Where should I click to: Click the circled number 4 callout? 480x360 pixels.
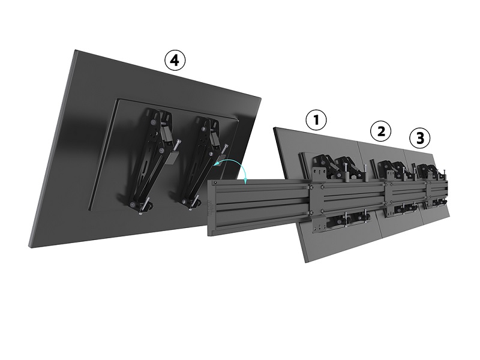[x=175, y=61]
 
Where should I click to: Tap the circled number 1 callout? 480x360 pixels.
[x=316, y=120]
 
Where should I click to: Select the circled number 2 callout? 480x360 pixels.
[x=381, y=131]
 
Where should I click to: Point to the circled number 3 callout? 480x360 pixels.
[x=419, y=138]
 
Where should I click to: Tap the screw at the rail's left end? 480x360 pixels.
[x=216, y=183]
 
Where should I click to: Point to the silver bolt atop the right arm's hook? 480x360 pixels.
[x=225, y=150]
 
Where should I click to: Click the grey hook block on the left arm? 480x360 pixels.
[x=173, y=158]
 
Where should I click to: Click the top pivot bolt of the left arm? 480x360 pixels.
[x=152, y=122]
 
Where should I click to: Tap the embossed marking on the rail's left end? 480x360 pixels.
[x=211, y=208]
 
